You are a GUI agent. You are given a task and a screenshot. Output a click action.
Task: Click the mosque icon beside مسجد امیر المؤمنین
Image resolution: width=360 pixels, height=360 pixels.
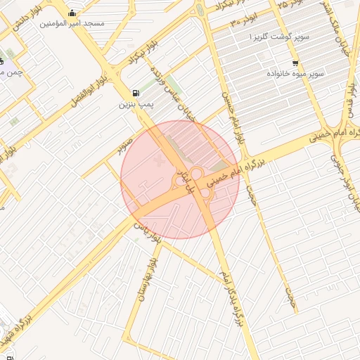(72, 13)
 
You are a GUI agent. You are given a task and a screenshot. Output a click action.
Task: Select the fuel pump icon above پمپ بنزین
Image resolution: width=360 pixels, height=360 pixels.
(135, 93)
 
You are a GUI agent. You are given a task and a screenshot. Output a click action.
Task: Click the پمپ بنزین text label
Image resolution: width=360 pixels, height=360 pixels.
(134, 105)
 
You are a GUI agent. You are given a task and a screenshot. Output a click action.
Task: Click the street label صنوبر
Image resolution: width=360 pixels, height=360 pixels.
(124, 143)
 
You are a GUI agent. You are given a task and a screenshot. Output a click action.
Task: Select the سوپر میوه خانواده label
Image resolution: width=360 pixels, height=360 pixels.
(295, 73)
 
